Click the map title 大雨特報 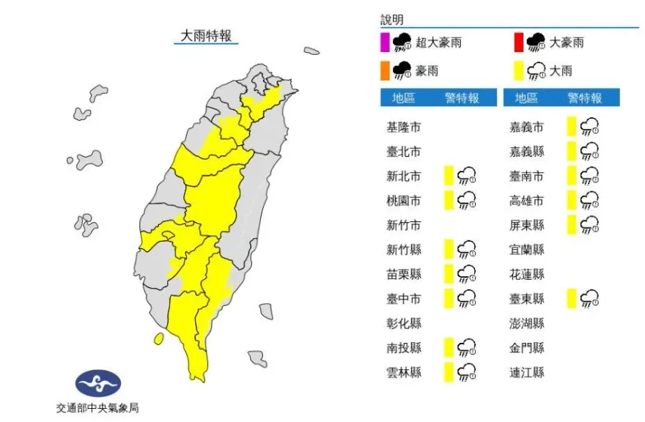click(206, 35)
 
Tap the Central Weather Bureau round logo click(98, 383)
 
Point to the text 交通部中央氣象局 click(97, 407)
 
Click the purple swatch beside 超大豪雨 click(384, 42)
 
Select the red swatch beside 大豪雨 click(518, 42)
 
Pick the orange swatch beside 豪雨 click(384, 70)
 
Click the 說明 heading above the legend click(392, 21)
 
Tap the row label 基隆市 click(404, 127)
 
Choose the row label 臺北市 click(404, 152)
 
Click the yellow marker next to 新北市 click(449, 176)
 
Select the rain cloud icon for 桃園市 click(467, 200)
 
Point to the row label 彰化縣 click(404, 323)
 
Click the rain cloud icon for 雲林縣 click(467, 372)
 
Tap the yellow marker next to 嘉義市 click(572, 127)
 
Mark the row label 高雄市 click(527, 201)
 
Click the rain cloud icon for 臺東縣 click(590, 298)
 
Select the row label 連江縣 click(527, 372)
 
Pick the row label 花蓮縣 click(527, 274)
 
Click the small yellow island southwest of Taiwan click(158, 338)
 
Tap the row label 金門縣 click(527, 347)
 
